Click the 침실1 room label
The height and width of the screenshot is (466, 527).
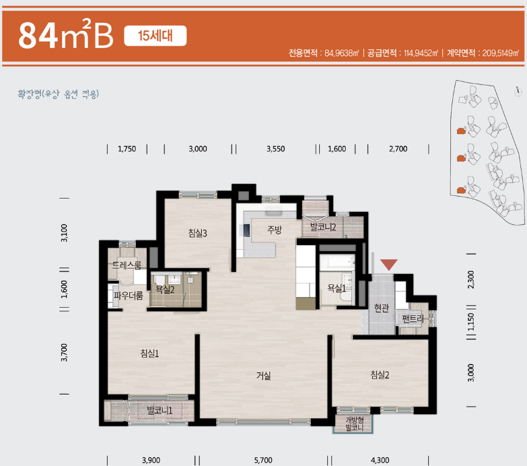(149, 354)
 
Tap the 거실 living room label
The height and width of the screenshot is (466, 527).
(264, 376)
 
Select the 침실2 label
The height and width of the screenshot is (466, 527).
(380, 375)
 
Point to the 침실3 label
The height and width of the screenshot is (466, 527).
(198, 233)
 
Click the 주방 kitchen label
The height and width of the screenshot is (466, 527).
(274, 230)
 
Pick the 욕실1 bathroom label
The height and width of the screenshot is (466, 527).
(337, 288)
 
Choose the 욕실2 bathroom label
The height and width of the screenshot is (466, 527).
(165, 289)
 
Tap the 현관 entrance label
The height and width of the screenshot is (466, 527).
(382, 308)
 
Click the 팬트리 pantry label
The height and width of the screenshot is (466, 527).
(413, 319)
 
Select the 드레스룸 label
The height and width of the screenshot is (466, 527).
(127, 265)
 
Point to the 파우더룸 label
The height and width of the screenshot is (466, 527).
(129, 296)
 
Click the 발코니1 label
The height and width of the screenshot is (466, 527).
(160, 411)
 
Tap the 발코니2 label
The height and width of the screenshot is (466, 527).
(323, 227)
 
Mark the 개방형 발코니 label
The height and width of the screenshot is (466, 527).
(355, 424)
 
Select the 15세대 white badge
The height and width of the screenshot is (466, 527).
(155, 36)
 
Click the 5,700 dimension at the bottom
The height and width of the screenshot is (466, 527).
(263, 460)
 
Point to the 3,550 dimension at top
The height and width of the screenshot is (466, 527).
(275, 149)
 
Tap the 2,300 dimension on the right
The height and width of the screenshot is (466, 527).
(471, 279)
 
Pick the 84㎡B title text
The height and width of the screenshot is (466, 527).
(66, 34)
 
